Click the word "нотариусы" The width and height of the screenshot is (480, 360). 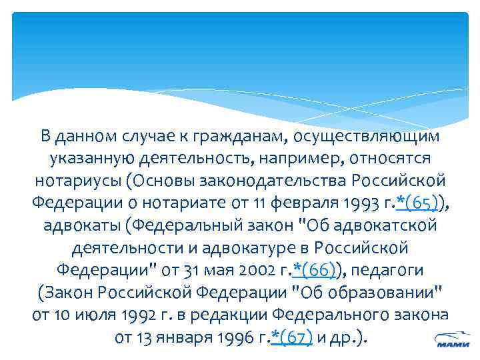pos(79,181)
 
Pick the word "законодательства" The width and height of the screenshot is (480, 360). pos(274,181)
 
